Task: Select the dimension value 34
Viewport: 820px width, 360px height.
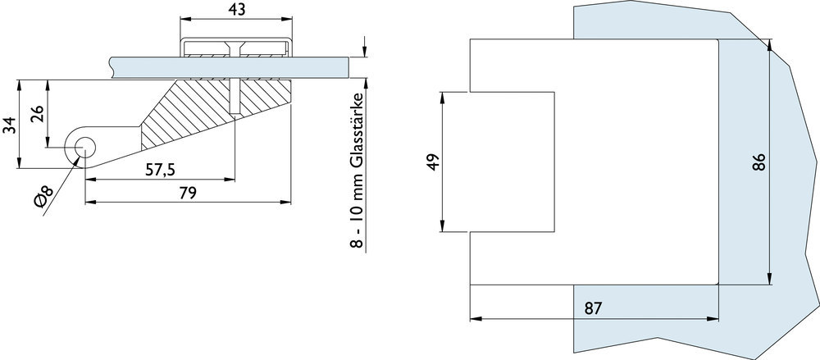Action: click(9, 125)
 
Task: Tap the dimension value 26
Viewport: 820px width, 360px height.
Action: click(37, 113)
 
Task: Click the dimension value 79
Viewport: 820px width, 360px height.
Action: click(188, 193)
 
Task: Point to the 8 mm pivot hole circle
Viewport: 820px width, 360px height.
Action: click(84, 148)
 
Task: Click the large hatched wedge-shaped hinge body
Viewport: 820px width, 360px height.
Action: click(197, 111)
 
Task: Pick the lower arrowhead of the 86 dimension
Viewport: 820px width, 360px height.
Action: click(770, 279)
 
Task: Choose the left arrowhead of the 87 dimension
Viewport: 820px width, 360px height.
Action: click(476, 319)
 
